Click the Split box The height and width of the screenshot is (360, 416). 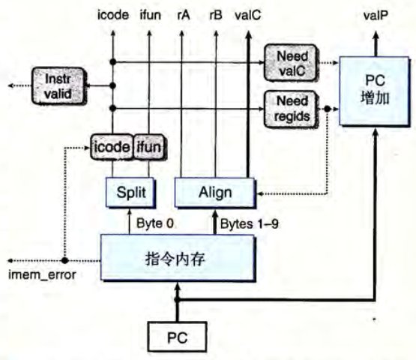click(130, 192)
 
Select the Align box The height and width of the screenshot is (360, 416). click(214, 192)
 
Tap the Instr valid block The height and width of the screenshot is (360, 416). click(58, 86)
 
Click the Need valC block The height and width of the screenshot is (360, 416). click(291, 63)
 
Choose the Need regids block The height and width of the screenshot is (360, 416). click(291, 109)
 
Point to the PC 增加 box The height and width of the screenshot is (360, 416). click(374, 91)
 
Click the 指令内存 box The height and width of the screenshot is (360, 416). click(178, 258)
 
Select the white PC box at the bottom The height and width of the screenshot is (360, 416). click(177, 337)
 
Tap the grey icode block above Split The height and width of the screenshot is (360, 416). click(112, 147)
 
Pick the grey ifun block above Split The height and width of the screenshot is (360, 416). click(149, 147)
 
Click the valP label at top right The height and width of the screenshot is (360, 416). click(376, 16)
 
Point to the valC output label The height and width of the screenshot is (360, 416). click(248, 15)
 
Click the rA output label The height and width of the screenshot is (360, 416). click(184, 15)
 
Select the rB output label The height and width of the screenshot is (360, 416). click(216, 15)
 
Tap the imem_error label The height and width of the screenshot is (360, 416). click(42, 274)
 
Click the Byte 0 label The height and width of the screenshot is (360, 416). click(155, 223)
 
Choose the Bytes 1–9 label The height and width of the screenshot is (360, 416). click(250, 223)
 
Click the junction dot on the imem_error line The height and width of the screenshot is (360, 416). click(64, 260)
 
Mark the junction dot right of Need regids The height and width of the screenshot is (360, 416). click(327, 109)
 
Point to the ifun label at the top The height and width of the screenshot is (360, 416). click(151, 15)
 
